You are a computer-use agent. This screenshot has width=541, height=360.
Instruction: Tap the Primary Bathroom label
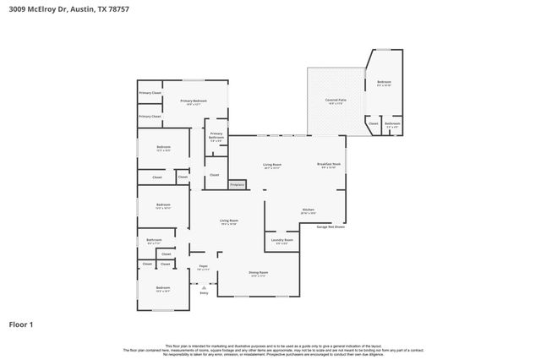click(216, 137)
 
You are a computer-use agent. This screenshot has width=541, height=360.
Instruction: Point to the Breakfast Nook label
click(329, 166)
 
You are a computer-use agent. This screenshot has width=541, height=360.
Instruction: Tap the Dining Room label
click(259, 274)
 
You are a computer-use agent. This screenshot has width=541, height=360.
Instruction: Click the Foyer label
click(203, 268)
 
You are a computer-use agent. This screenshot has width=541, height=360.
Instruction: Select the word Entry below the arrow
click(204, 293)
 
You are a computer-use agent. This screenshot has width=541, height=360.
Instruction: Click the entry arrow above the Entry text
click(204, 286)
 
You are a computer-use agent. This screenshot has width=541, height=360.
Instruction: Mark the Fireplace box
click(237, 184)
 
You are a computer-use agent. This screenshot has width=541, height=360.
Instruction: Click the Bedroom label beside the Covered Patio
click(384, 83)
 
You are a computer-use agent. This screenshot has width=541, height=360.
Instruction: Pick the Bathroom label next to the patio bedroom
click(392, 125)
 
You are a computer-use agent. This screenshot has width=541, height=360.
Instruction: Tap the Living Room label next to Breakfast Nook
click(271, 166)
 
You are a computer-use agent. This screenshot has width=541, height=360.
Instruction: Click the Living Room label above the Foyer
click(228, 222)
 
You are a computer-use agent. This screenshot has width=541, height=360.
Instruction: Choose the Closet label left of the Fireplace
click(214, 175)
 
